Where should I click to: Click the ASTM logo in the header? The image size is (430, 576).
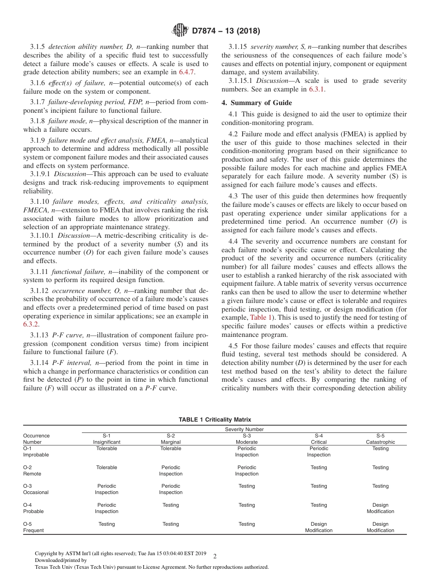pos(180,31)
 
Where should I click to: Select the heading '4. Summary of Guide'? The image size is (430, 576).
pos(257,102)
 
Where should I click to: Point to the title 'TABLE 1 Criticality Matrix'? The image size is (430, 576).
pos(215,420)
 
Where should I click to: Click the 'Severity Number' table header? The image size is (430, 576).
pos(244,429)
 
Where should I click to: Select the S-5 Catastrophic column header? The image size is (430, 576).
pos(380,439)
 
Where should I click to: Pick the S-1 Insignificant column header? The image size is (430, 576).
pos(107,439)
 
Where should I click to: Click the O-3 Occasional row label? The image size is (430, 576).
pos(36,489)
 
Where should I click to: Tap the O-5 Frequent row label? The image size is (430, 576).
pos(33,527)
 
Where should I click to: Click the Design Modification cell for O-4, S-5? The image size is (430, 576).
pos(380,508)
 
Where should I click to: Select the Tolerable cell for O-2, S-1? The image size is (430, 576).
pos(107,467)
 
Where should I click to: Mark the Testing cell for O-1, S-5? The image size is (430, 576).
pos(380,448)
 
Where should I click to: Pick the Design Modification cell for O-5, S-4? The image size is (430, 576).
pos(319,527)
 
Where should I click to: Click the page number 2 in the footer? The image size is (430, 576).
pos(215,557)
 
